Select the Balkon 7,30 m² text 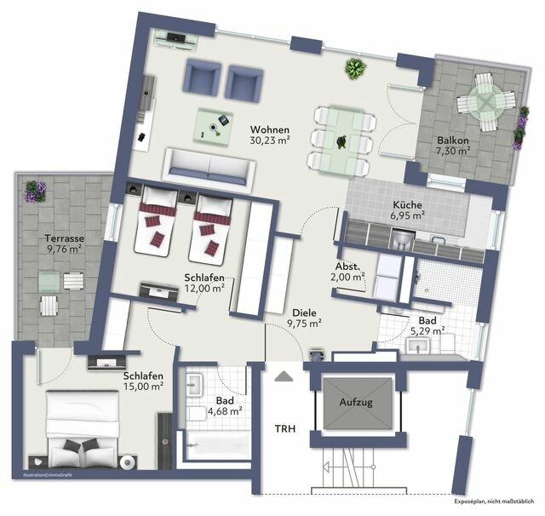pyautogui.click(x=453, y=146)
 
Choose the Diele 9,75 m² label pyautogui.click(x=303, y=318)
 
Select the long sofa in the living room pyautogui.click(x=209, y=168)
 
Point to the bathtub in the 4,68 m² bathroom pyautogui.click(x=213, y=444)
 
